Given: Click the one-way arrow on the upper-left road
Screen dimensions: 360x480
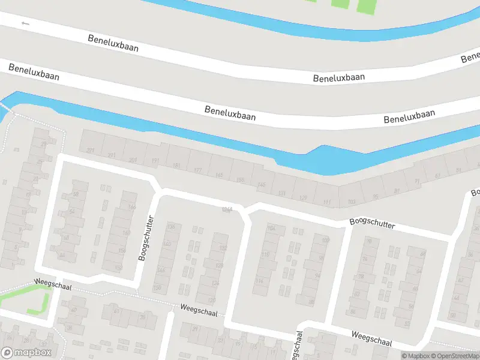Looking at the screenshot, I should (x=25, y=23).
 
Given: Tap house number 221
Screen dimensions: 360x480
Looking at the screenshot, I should (x=91, y=150).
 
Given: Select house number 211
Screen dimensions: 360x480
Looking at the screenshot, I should (x=112, y=155).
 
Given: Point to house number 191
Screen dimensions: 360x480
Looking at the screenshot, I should (x=155, y=161).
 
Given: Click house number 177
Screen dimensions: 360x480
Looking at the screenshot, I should (x=197, y=171).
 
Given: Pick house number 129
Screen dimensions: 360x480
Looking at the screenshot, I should (x=303, y=197).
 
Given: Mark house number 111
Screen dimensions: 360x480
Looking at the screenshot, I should (x=326, y=202).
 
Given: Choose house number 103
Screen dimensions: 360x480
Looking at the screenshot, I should (x=352, y=202).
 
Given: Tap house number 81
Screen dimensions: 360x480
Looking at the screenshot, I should (x=397, y=191).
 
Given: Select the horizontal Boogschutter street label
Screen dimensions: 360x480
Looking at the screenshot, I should (x=373, y=224).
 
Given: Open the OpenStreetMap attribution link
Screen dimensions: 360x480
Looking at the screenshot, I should (x=457, y=356).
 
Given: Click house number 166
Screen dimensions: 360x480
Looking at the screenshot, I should (x=132, y=207).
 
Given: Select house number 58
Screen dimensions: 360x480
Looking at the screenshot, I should (x=76, y=194).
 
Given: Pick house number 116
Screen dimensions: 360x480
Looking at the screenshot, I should (x=259, y=281).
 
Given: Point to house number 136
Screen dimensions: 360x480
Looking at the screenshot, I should (x=171, y=226).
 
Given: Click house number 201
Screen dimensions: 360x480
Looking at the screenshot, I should (x=133, y=160).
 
